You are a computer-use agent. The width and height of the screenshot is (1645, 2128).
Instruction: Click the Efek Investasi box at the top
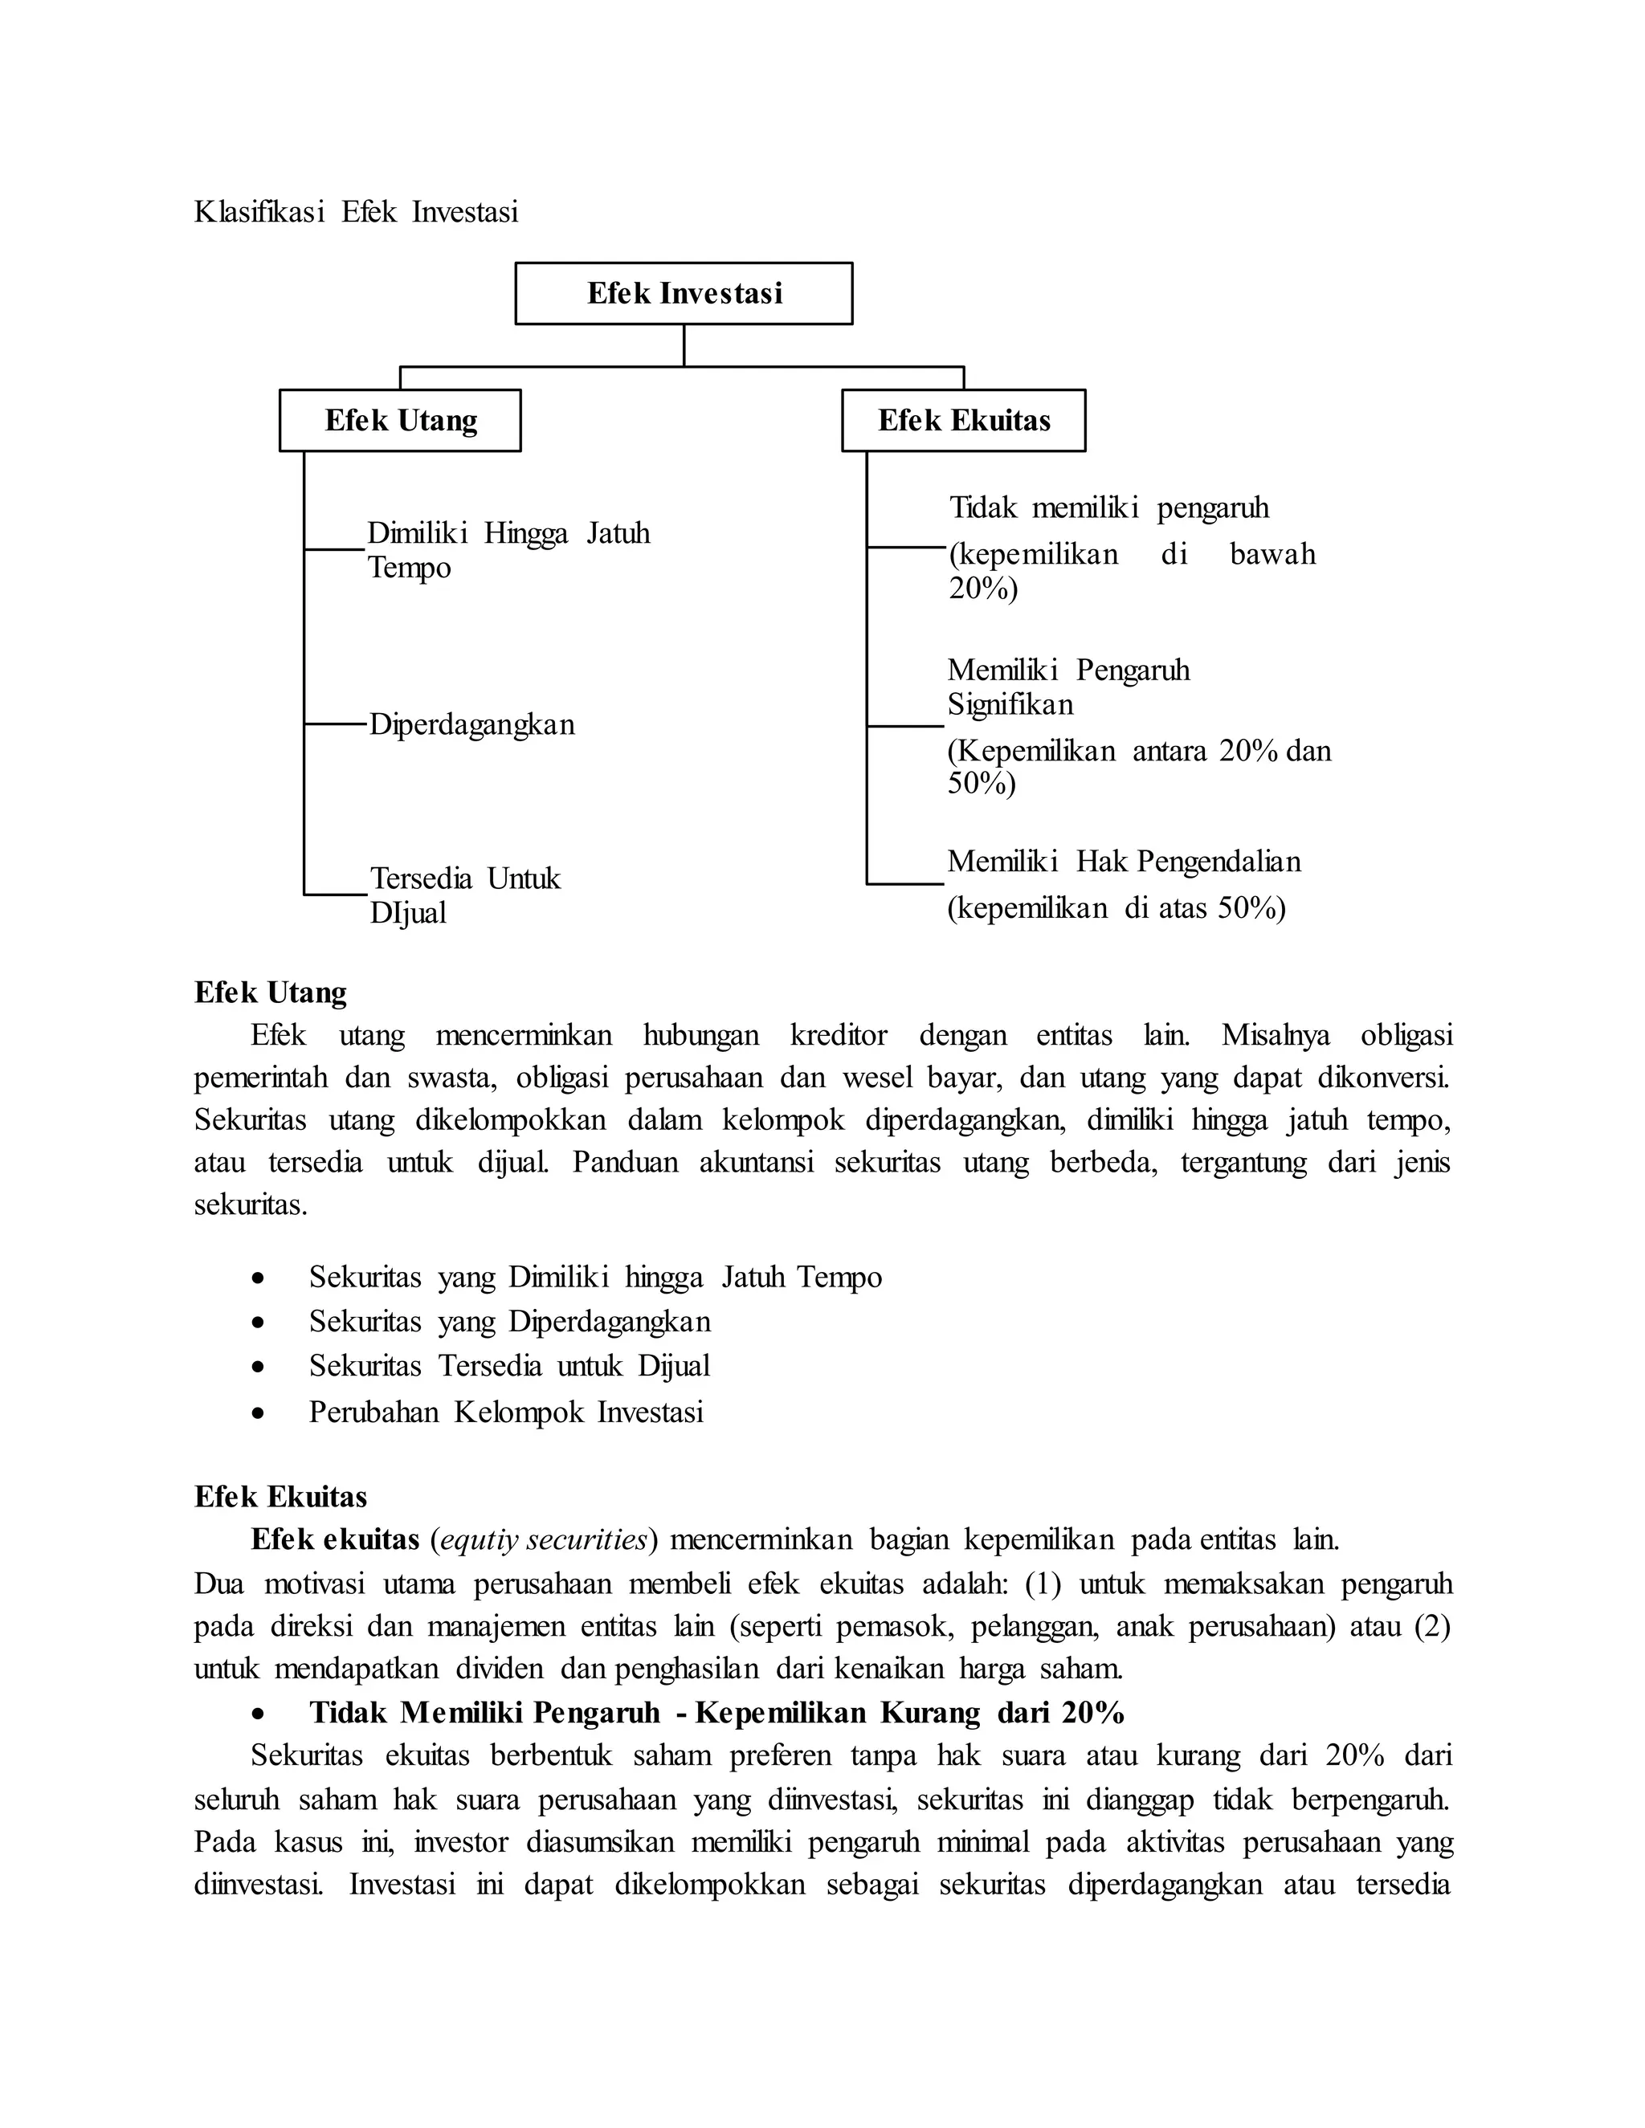684,293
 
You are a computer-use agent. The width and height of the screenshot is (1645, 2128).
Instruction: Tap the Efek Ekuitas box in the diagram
963,420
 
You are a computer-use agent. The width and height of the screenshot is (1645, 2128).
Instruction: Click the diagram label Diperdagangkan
471,725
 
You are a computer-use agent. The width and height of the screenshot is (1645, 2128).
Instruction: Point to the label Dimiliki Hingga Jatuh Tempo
507,549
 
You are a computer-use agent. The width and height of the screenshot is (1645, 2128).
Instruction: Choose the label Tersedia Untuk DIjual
465,895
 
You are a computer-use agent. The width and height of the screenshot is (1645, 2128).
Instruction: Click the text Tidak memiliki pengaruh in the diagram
1109,508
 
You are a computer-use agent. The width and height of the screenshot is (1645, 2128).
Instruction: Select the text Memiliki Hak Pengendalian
1124,862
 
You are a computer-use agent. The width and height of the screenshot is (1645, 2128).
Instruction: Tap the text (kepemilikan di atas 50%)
1116,908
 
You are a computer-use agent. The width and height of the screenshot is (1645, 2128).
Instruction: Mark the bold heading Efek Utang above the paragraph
270,992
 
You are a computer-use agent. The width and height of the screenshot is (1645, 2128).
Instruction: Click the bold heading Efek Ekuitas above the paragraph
280,1497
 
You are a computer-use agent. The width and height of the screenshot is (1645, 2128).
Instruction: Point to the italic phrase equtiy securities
544,1539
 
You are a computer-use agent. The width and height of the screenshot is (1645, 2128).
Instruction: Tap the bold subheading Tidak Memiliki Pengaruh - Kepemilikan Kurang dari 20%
716,1712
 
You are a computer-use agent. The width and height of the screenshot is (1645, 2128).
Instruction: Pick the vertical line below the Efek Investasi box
684,345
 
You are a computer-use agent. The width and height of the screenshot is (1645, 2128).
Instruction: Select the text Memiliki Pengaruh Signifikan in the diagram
1067,687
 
